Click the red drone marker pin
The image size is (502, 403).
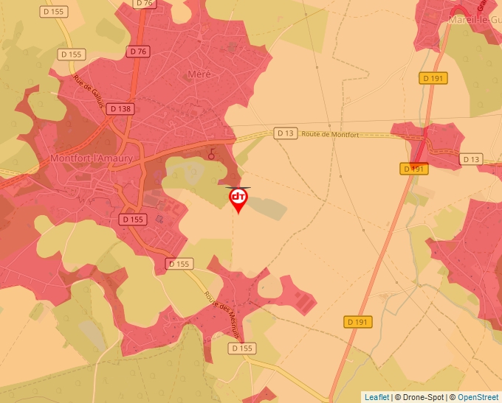coord(238,200)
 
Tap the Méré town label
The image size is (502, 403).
coord(199,74)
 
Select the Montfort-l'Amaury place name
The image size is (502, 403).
coord(92,158)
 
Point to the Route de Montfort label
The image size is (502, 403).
coord(330,135)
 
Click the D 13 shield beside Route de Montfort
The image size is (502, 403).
coord(285,133)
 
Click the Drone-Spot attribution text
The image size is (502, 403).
coord(419,397)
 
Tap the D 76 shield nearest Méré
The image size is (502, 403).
coord(138,52)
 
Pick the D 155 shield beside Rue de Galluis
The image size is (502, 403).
coord(72,54)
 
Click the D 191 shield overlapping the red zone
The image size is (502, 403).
coord(415,169)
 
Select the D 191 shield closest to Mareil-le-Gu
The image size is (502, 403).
coord(434,77)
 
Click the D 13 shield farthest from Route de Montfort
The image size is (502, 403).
coord(470,159)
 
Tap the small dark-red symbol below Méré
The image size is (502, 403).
coord(213,155)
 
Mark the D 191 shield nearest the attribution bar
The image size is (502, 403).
coord(358,322)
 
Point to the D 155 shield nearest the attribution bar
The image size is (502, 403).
coord(242,348)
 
